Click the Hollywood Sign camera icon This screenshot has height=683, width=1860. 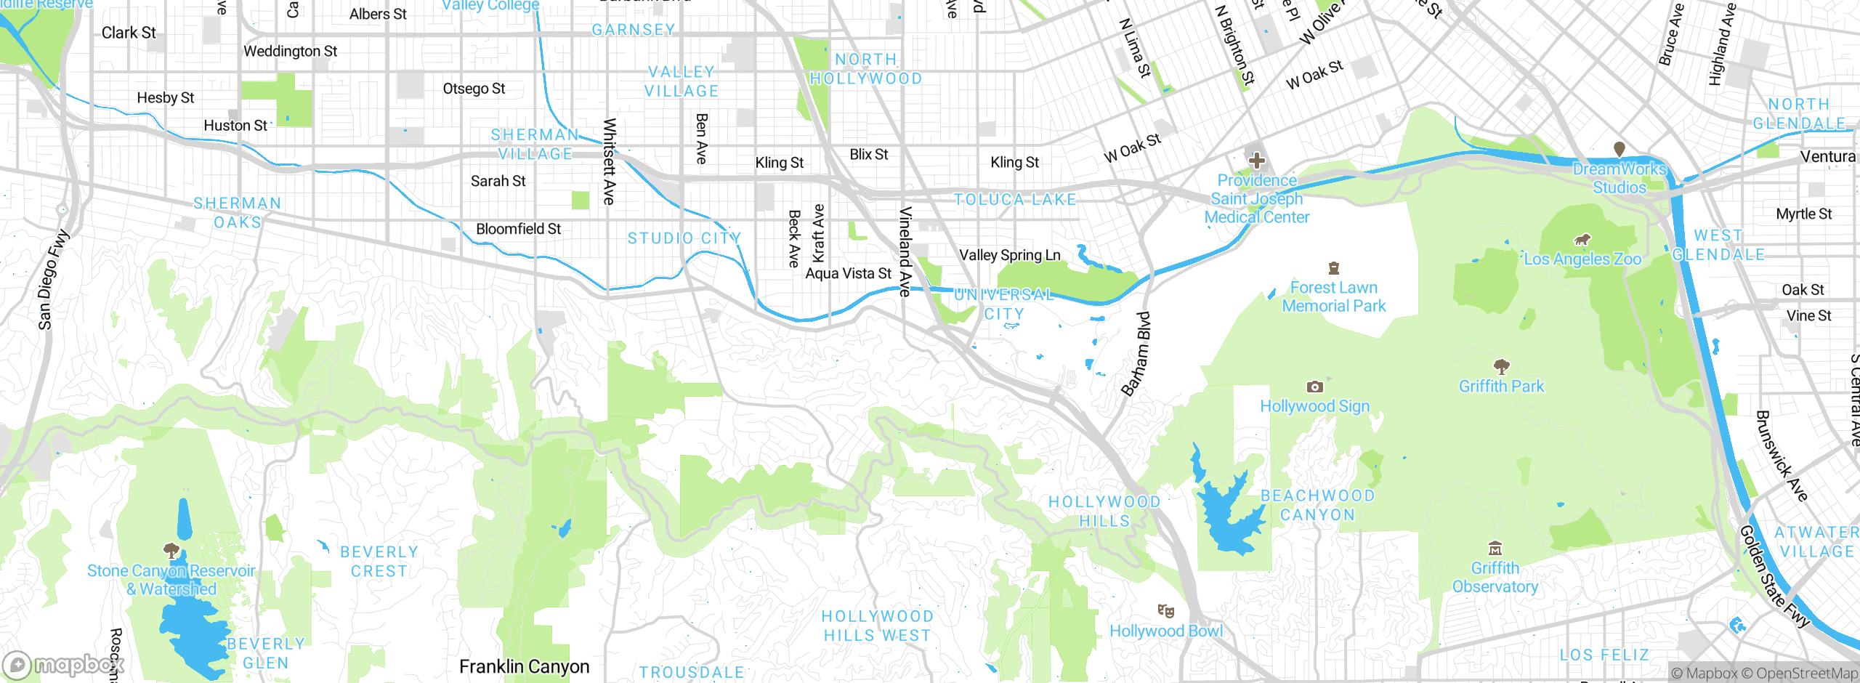click(1314, 387)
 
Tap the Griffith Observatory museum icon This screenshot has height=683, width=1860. click(1495, 549)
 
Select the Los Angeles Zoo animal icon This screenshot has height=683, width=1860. click(1582, 240)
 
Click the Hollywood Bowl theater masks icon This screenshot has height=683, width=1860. click(1165, 610)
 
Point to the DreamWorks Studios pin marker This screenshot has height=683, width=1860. click(1619, 149)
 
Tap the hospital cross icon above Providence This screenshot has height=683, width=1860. click(1256, 161)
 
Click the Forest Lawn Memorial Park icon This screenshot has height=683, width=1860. click(1333, 268)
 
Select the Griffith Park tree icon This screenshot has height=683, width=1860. click(1501, 366)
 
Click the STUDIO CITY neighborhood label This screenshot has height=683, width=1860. click(684, 238)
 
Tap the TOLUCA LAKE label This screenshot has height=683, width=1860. click(1014, 199)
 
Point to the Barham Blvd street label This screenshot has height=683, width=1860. click(1136, 354)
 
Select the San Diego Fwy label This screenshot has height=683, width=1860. click(53, 280)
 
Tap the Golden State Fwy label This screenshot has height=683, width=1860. click(1774, 577)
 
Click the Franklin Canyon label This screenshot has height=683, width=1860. click(524, 666)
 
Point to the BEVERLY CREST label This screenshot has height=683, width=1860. click(379, 561)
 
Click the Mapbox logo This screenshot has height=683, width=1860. click(62, 665)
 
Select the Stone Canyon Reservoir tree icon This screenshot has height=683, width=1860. click(171, 550)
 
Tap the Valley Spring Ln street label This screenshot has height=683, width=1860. click(1009, 255)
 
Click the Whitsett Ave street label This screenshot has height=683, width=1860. click(610, 161)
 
